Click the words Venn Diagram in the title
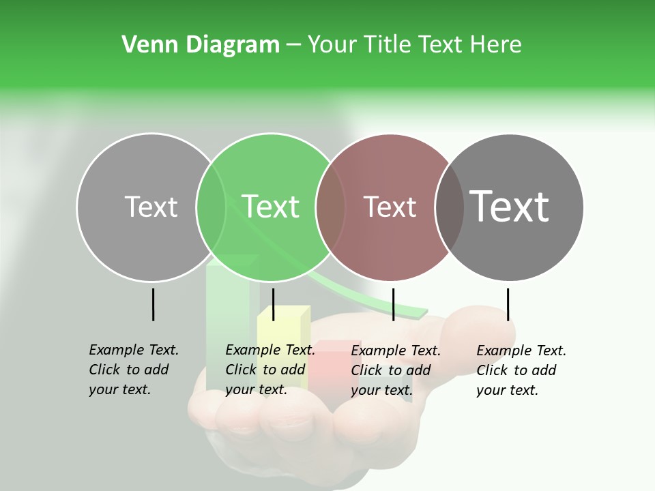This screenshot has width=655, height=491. [x=201, y=45]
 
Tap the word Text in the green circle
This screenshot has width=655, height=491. [x=270, y=207]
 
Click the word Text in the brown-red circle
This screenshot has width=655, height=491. [x=390, y=207]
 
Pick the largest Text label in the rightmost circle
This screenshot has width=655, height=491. [x=509, y=207]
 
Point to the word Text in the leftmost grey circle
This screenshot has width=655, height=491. [x=151, y=207]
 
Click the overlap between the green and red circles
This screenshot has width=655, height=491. [x=330, y=207]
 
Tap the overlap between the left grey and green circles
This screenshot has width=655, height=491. [x=211, y=207]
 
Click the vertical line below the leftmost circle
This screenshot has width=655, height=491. [x=153, y=304]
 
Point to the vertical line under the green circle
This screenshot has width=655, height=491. [x=273, y=304]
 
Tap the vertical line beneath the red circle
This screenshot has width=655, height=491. [x=393, y=304]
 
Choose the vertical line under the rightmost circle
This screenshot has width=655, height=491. [x=508, y=304]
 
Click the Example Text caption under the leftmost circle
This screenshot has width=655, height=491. [x=134, y=370]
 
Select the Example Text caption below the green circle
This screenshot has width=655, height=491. [x=270, y=370]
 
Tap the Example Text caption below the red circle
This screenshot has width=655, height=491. [x=396, y=370]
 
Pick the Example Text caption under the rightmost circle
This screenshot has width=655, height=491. [x=521, y=370]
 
